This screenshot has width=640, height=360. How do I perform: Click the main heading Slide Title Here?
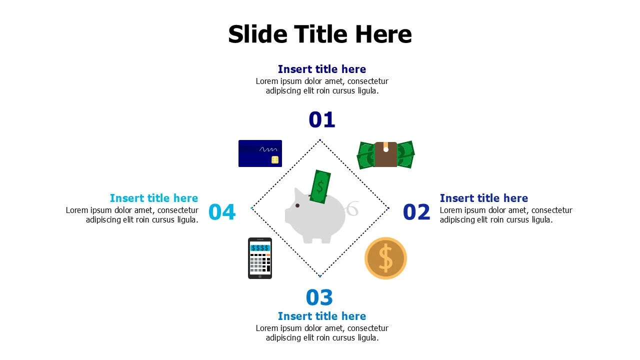pos(320,34)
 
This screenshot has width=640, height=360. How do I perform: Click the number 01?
pos(321,120)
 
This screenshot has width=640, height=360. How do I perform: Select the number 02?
pos(416,212)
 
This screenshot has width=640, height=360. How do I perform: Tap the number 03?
pos(319,297)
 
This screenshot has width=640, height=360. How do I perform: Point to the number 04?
pos(222,212)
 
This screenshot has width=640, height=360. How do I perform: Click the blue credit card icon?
pos(260,153)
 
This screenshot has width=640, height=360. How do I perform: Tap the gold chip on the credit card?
pos(274,159)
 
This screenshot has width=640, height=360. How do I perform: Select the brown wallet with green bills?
pos(385,154)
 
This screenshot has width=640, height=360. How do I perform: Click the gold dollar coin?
pos(385,258)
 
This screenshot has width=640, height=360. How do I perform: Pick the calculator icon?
pos(260,258)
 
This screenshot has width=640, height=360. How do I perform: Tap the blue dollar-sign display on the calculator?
pos(260,247)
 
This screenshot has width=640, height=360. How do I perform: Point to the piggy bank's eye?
pos(297,205)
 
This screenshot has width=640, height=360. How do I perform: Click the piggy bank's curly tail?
pos(352,208)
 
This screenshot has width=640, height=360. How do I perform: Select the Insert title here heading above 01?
pos(321,69)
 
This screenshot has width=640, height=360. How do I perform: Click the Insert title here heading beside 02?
pos(483,198)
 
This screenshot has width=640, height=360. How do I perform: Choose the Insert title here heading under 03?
pos(321,316)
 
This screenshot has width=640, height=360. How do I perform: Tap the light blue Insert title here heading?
pos(154,198)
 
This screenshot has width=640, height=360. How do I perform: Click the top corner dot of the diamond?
pos(320,139)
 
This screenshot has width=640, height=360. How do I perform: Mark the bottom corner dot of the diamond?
pos(320,276)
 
